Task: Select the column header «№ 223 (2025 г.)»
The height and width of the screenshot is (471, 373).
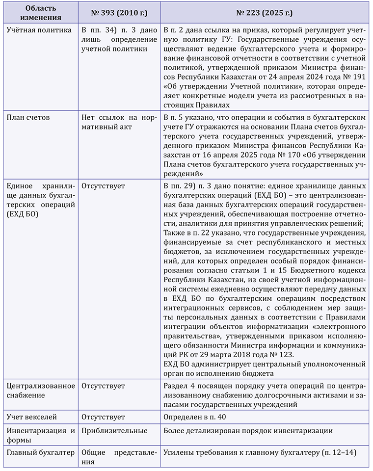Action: (x=265, y=11)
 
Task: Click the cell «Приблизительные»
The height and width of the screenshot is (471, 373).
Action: (x=114, y=430)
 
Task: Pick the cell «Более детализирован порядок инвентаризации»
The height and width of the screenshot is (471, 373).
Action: (x=249, y=430)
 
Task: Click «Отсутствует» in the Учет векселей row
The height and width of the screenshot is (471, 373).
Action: (x=103, y=417)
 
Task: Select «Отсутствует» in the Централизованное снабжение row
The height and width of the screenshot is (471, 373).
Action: (x=103, y=386)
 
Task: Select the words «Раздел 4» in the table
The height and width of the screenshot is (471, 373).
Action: (x=178, y=386)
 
